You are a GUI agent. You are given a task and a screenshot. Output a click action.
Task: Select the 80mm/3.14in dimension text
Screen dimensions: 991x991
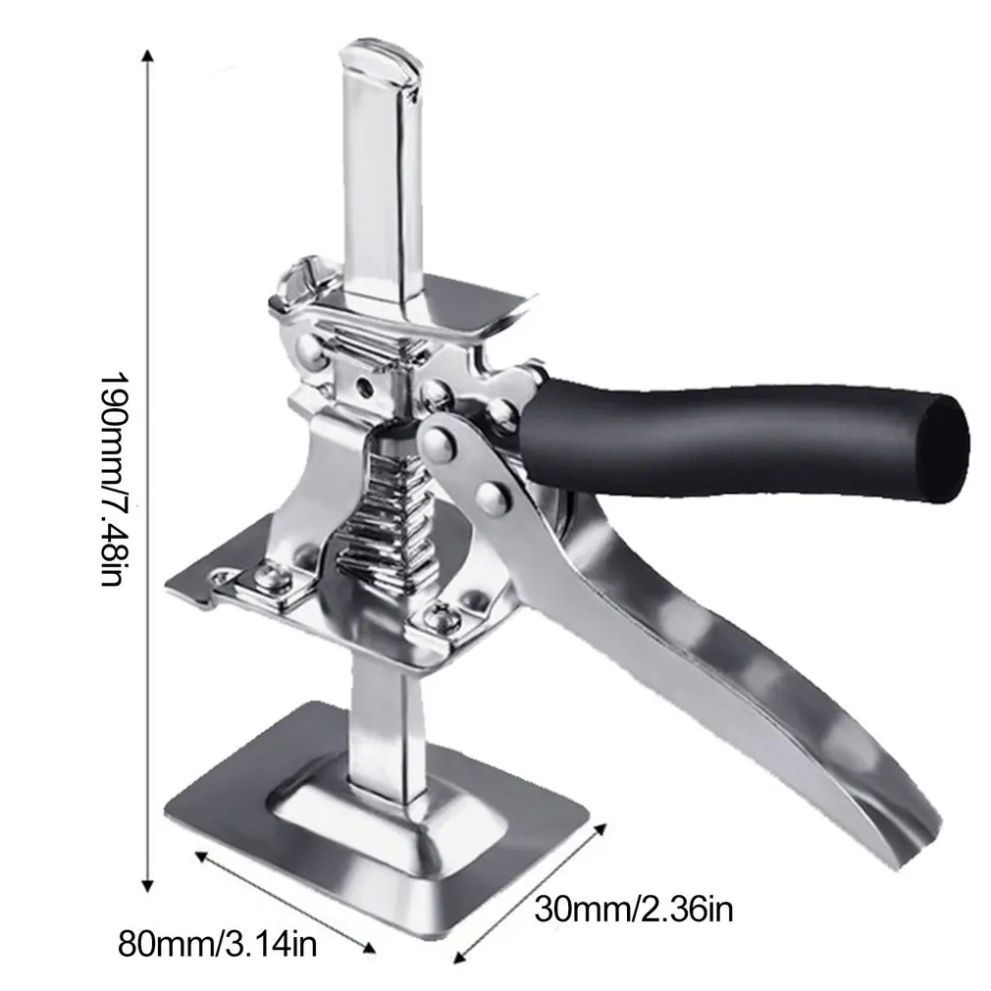point(217,945)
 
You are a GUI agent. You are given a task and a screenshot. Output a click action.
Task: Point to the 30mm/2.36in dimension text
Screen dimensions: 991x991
point(633,909)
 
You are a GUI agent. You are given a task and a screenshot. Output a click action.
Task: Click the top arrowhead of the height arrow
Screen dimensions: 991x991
point(148,57)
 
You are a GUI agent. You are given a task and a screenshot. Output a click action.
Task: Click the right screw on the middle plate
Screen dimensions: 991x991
point(438,616)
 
